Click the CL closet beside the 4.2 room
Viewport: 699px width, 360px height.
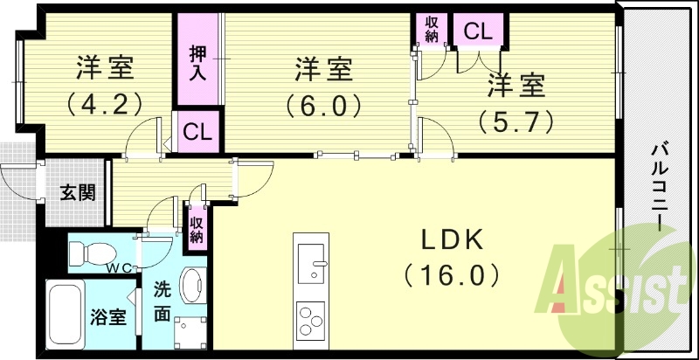pos(197,133)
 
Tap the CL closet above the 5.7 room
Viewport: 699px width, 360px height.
pos(478,32)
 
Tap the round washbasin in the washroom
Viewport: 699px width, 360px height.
pos(190,283)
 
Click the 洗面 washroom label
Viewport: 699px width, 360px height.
pos(163,301)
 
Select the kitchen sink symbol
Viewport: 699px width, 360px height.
pos(311,260)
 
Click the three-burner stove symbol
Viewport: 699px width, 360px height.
pos(311,319)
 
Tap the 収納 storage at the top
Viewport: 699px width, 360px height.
pos(432,29)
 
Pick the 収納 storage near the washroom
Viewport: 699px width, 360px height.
pos(197,229)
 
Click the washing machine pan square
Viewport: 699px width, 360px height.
pos(190,332)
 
